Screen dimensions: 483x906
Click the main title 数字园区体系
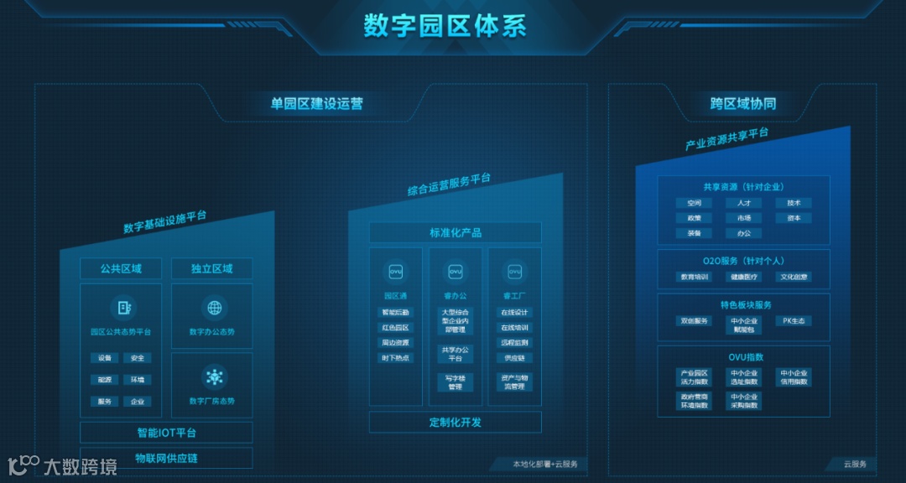[445, 25]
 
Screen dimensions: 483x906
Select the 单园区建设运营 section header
[316, 104]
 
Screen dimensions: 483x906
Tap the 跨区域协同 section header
[742, 104]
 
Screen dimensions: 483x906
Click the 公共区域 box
[121, 269]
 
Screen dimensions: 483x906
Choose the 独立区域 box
[211, 269]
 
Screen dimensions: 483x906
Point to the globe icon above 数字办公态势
[215, 307]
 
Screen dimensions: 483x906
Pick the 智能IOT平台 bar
[166, 434]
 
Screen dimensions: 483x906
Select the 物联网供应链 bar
[166, 459]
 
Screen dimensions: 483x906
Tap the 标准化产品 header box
[456, 233]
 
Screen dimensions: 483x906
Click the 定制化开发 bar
[456, 423]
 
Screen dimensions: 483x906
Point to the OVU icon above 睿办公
[456, 272]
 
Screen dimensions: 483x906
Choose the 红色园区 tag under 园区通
[396, 328]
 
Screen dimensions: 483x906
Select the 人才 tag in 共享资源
[743, 203]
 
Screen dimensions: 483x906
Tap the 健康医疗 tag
[743, 277]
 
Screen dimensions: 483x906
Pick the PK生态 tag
[793, 321]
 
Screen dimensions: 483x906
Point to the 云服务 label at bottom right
[854, 464]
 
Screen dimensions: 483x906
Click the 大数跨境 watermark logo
[63, 465]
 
